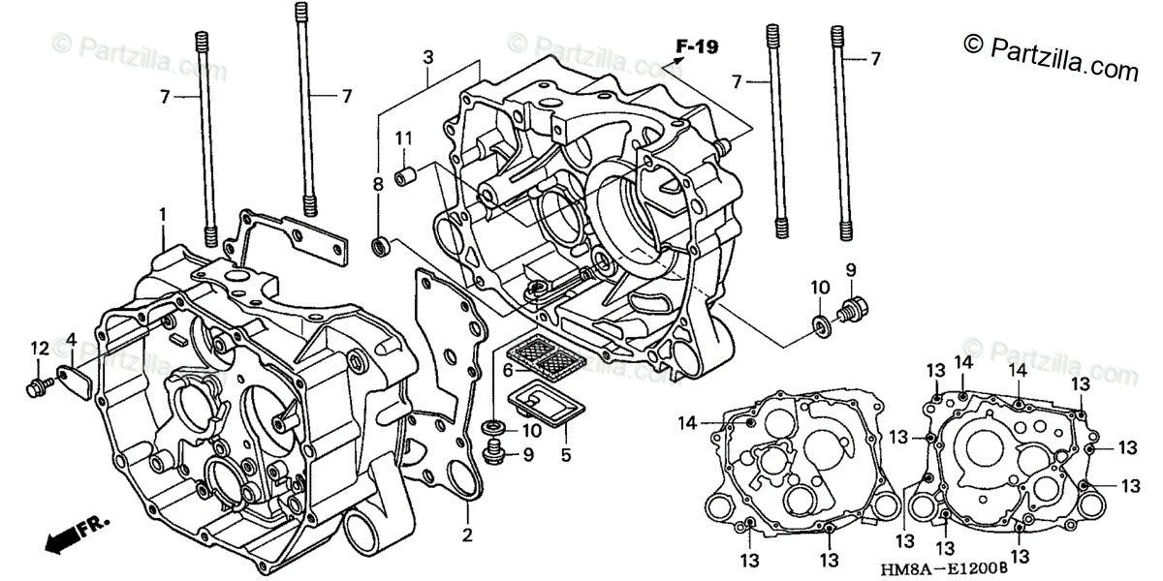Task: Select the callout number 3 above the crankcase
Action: click(x=427, y=59)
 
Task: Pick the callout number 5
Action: click(x=566, y=452)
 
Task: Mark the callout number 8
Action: click(x=378, y=183)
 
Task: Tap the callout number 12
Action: click(x=39, y=348)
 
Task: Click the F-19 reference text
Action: click(x=697, y=46)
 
